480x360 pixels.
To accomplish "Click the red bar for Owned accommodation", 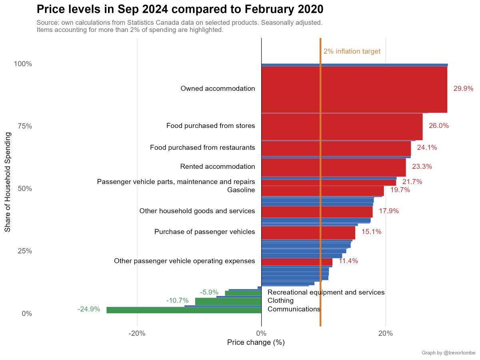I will pyautogui.click(x=354, y=89).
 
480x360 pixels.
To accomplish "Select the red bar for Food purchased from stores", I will pyautogui.click(x=342, y=127).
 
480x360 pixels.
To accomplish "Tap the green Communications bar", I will pyautogui.click(x=184, y=310).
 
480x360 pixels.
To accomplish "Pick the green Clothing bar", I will pyautogui.click(x=228, y=301).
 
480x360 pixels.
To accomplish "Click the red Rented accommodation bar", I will pyautogui.click(x=334, y=167).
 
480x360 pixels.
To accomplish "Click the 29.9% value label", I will pyautogui.click(x=463, y=89).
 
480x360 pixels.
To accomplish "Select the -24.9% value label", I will pyautogui.click(x=89, y=309).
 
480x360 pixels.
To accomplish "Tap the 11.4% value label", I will pyautogui.click(x=348, y=261).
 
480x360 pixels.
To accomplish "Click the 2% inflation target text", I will pyautogui.click(x=352, y=52).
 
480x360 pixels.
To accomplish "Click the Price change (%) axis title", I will pyautogui.click(x=256, y=343).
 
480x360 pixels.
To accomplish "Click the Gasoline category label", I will pyautogui.click(x=241, y=190).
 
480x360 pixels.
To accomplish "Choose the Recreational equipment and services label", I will pyautogui.click(x=326, y=292).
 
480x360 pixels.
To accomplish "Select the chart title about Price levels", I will pyautogui.click(x=180, y=9).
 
